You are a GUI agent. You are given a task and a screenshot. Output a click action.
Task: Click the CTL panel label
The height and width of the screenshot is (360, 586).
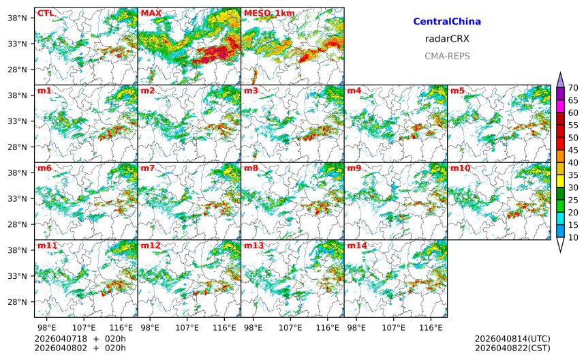coord(45,13)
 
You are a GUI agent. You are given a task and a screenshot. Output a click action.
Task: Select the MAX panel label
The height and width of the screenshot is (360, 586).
coord(151,13)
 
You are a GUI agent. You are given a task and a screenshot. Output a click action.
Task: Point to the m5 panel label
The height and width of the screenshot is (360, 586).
coord(458,91)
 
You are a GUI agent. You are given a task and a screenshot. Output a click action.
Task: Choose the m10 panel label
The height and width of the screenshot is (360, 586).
coord(460,168)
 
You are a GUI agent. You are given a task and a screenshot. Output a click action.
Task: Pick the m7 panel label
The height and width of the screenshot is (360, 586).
coord(149,168)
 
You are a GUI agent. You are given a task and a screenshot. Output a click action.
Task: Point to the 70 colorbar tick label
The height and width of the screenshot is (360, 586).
coord(573,88)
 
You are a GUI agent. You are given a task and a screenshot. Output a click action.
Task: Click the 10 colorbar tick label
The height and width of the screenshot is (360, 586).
coord(573,238)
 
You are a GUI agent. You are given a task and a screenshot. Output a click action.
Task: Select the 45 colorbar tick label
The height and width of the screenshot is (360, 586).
coord(573,150)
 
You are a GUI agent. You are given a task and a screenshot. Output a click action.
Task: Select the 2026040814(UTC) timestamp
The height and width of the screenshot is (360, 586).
coord(512,339)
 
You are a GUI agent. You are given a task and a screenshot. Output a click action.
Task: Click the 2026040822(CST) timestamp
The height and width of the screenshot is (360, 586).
coord(512,348)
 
